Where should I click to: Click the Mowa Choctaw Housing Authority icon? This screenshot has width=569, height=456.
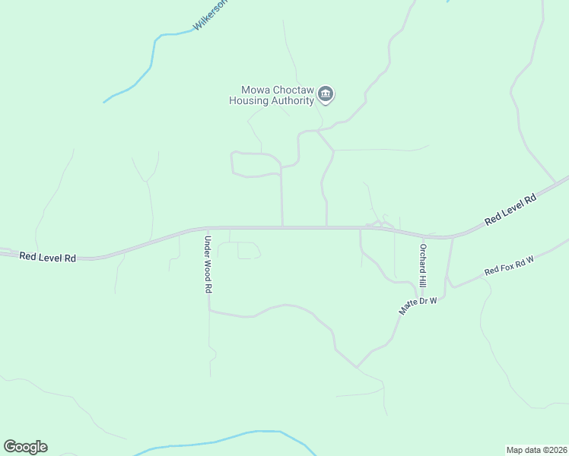click(326, 94)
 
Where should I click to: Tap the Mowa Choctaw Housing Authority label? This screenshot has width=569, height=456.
click(272, 94)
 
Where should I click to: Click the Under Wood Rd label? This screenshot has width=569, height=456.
click(207, 264)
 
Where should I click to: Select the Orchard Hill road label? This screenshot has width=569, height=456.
click(423, 265)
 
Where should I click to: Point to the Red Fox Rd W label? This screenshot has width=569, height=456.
click(510, 265)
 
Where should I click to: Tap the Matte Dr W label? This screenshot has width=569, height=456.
click(418, 306)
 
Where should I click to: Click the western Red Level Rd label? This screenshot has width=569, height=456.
click(48, 258)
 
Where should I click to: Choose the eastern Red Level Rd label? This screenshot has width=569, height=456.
click(510, 209)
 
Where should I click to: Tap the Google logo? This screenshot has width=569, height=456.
click(25, 447)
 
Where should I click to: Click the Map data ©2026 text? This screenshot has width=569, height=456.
click(536, 449)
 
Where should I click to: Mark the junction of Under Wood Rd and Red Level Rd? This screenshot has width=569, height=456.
click(208, 227)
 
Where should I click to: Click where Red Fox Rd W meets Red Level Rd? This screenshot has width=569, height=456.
click(453, 237)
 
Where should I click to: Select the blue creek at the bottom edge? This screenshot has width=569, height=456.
click(228, 439)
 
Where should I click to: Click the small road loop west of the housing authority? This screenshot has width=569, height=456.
click(255, 164)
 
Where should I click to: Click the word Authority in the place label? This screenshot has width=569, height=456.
click(294, 100)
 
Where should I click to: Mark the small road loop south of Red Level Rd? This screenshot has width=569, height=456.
click(240, 250)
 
